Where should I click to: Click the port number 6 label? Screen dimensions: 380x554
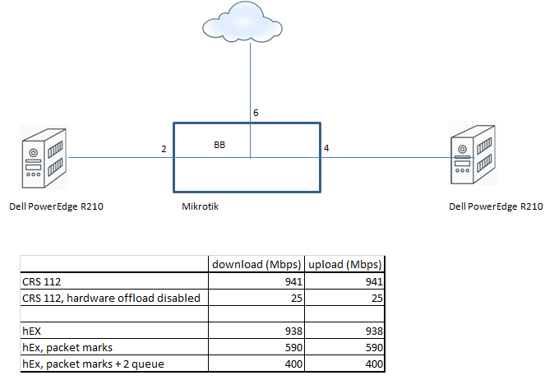pos(256,112)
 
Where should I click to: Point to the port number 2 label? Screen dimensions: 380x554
pos(164,149)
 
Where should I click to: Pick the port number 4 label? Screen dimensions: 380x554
pos(326,148)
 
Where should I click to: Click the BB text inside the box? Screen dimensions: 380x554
pos(219,144)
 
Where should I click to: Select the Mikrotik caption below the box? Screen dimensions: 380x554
pos(200,206)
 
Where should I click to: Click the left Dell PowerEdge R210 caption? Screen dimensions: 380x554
pos(56,206)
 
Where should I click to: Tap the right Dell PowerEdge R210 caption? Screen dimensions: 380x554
pos(495,206)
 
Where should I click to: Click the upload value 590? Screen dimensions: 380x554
pos(376,347)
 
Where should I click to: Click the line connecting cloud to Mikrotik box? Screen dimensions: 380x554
pos(250,82)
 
